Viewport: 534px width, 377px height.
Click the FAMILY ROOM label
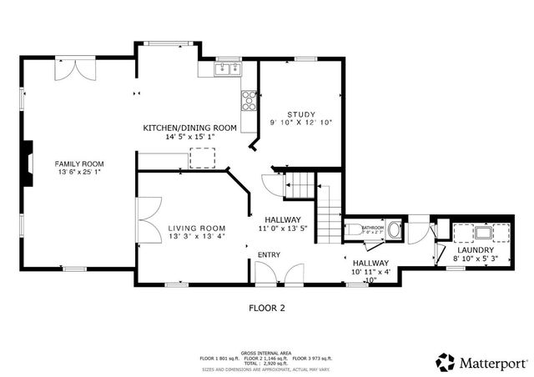79,163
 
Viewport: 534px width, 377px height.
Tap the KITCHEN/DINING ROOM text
189,128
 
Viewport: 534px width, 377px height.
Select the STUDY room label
300,114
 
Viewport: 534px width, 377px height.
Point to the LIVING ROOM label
196,228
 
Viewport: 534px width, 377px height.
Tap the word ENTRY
269,254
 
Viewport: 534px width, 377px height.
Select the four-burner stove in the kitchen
249,100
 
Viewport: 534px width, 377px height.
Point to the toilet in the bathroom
354,229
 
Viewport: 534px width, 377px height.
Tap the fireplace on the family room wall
28,163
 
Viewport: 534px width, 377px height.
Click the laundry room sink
482,233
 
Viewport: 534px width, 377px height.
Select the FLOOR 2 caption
267,308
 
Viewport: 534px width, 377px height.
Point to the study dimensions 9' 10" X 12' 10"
300,123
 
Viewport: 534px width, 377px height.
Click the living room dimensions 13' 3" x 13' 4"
196,237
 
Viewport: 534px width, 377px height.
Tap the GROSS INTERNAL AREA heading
266,353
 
